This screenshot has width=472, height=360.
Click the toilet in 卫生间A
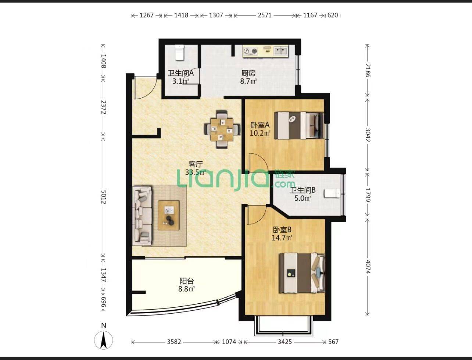(180, 53)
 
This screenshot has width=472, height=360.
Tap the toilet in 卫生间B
(332, 193)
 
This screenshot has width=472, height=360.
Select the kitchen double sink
(281, 51)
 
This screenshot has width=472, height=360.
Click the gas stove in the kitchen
(250, 51)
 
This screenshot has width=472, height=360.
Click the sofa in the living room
(142, 216)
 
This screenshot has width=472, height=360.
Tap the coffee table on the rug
(169, 215)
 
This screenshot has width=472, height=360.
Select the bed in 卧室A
(299, 126)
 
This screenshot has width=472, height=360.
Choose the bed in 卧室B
(302, 273)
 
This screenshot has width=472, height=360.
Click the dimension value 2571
(265, 15)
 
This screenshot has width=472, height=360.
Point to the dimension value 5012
(103, 197)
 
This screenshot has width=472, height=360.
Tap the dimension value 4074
(368, 267)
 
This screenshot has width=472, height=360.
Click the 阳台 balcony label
(187, 281)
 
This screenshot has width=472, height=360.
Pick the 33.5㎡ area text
(196, 172)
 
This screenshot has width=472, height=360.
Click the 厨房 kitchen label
(248, 73)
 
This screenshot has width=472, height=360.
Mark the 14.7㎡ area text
(282, 238)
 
